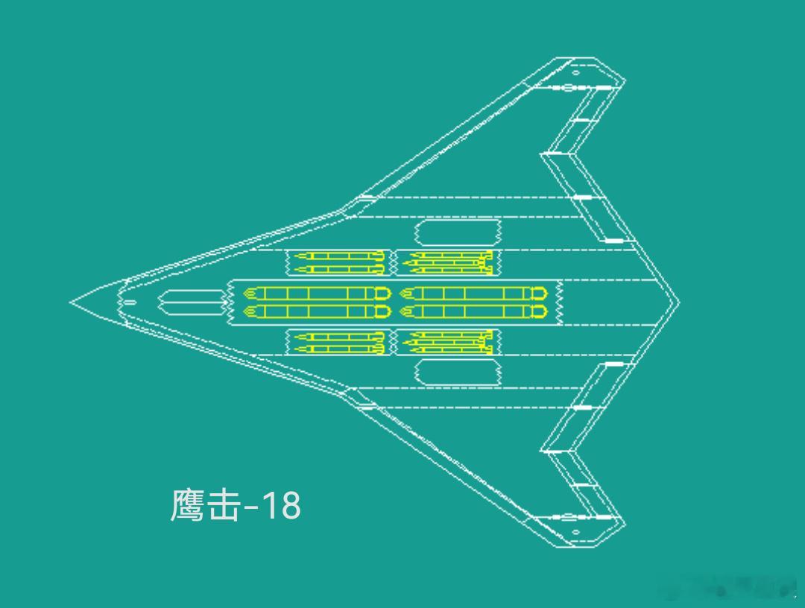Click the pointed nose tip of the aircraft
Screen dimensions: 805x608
tap(72, 302)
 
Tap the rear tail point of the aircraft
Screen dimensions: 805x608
tap(678, 302)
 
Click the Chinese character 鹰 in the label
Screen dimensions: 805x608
tap(187, 505)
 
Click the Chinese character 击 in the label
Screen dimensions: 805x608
tap(224, 505)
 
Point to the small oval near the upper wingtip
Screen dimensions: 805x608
tap(575, 73)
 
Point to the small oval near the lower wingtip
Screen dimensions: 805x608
tap(575, 532)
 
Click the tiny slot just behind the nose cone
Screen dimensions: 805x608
tap(129, 302)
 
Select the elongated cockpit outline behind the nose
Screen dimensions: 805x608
tap(191, 302)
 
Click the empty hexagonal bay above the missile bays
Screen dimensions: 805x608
tap(458, 232)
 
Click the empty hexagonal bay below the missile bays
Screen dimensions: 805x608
tap(458, 372)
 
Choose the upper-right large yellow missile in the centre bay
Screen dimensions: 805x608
tap(473, 293)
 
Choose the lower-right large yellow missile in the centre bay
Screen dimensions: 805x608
tap(473, 311)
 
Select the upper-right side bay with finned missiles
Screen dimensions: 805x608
tap(448, 262)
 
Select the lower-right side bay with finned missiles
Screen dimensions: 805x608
tap(448, 342)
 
